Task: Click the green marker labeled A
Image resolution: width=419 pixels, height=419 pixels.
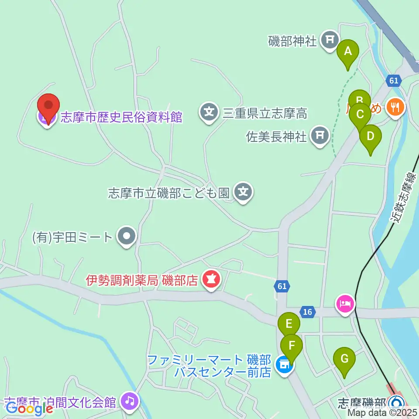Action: coord(348,52)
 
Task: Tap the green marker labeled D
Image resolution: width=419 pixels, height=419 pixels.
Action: coord(370,136)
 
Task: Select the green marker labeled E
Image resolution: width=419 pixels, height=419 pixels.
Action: coord(289,324)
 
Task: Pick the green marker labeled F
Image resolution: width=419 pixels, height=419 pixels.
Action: coord(292,345)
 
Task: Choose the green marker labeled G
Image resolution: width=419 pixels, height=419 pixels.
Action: coord(344,359)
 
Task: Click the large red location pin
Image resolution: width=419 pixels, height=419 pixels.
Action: coord(48,106)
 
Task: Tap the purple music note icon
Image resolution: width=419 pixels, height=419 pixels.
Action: coord(130,401)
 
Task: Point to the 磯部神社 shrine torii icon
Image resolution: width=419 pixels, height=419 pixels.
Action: coord(330,40)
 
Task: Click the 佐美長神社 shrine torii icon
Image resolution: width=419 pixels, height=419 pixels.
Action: coord(320,136)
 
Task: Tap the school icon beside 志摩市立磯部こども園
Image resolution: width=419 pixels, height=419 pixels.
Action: coord(243,192)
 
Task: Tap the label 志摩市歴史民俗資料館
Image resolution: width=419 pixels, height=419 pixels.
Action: coord(121,117)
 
